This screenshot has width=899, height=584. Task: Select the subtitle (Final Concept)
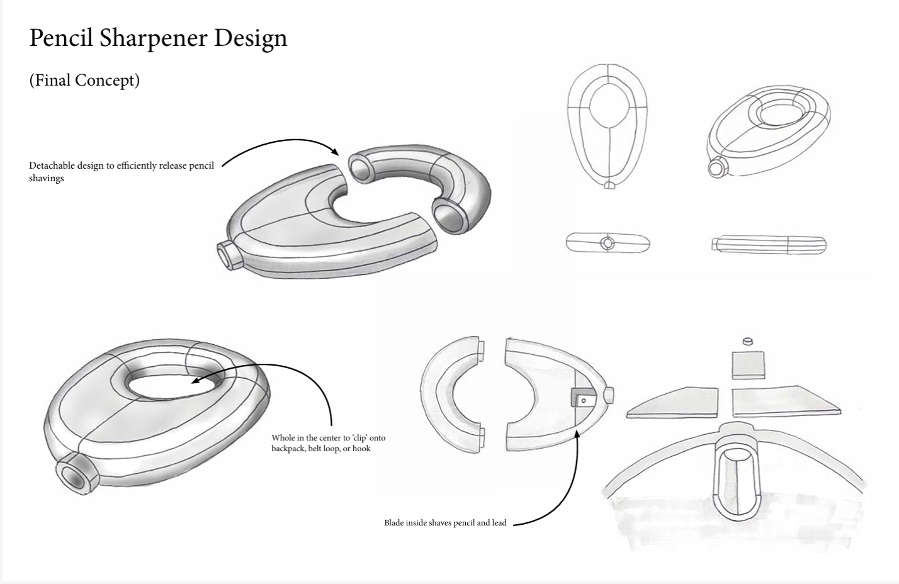[84, 81]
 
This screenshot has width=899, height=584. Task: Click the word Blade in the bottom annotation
[395, 522]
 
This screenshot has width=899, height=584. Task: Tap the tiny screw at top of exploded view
[748, 341]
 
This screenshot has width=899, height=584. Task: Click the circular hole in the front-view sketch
[608, 244]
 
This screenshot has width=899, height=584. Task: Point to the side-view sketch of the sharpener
[769, 244]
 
